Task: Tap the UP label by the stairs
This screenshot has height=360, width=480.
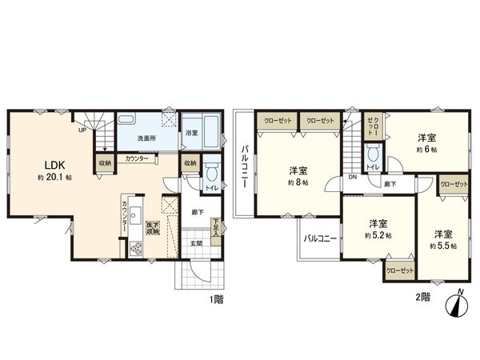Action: click(x=82, y=129)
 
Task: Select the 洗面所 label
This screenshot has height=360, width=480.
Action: click(x=145, y=139)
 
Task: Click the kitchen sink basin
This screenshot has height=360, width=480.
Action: click(x=135, y=214)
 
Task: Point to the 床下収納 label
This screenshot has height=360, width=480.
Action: click(x=152, y=226)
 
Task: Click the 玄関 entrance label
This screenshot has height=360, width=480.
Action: click(x=197, y=242)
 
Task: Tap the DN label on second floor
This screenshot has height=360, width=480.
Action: click(x=353, y=178)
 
